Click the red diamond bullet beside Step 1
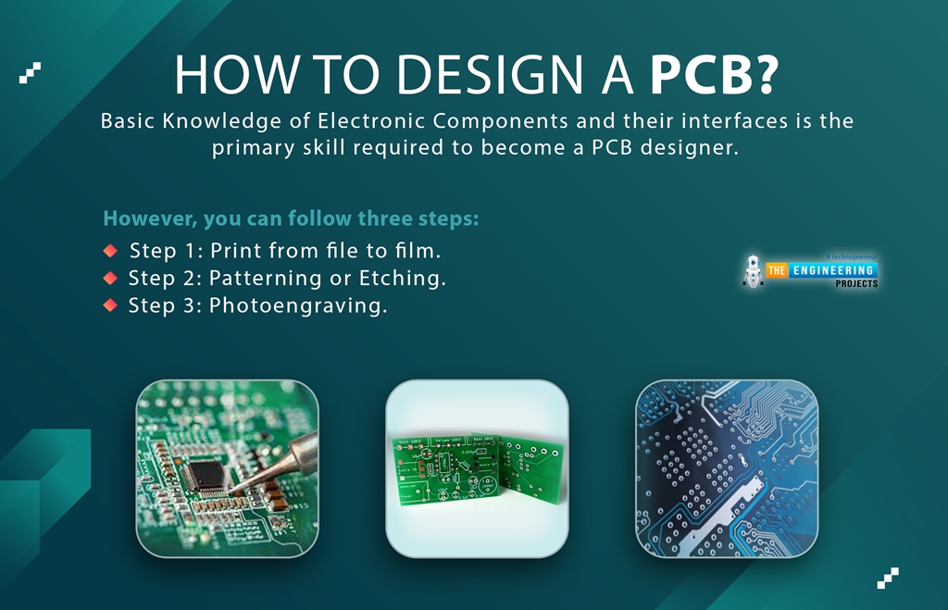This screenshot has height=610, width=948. tap(110, 250)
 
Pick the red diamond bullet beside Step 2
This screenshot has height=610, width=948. tap(110, 278)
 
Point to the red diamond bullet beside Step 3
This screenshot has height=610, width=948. tap(110, 305)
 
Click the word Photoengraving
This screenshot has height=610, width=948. tap(298, 306)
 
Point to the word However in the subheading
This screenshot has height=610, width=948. tap(140, 219)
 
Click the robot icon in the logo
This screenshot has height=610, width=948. tap(753, 269)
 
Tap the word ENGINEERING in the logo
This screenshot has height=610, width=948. tap(831, 270)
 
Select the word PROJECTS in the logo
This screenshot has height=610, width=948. tap(856, 283)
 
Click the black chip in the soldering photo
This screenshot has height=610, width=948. tap(206, 473)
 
